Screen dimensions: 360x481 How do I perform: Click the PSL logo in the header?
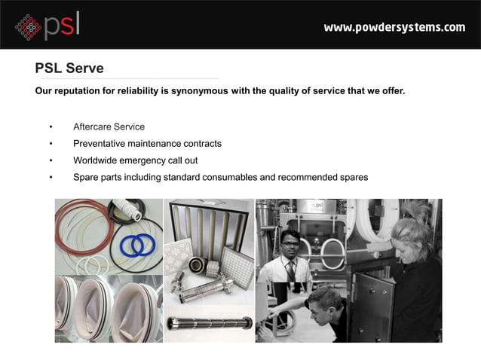pyautogui.click(x=47, y=26)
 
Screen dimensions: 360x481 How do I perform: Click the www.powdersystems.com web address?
pyautogui.click(x=394, y=28)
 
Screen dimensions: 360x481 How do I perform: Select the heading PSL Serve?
pyautogui.click(x=69, y=69)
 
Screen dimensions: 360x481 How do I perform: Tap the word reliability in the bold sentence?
pyautogui.click(x=136, y=92)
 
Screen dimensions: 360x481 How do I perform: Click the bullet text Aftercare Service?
pyautogui.click(x=109, y=127)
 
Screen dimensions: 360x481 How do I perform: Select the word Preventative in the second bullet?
pyautogui.click(x=101, y=143)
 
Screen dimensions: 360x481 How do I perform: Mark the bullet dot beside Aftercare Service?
pyautogui.click(x=51, y=127)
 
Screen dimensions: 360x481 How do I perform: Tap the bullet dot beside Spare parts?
pyautogui.click(x=51, y=178)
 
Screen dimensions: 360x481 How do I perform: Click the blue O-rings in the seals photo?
pyautogui.click(x=137, y=244)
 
